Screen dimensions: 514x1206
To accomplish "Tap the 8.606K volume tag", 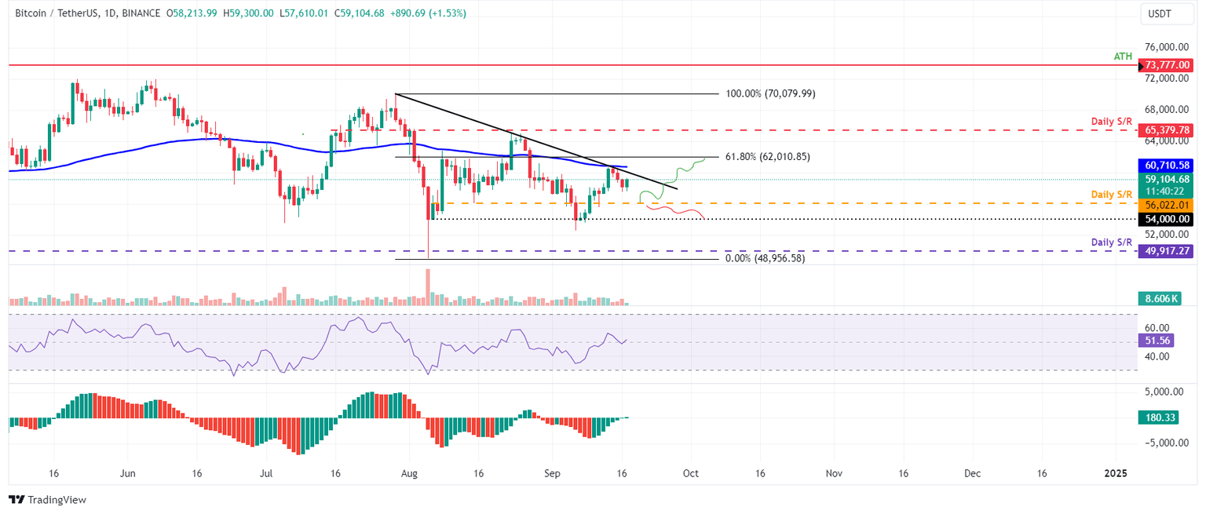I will [1157, 298].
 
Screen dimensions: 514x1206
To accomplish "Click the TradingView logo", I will [47, 499].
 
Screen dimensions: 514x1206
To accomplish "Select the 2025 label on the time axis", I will [1115, 474].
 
